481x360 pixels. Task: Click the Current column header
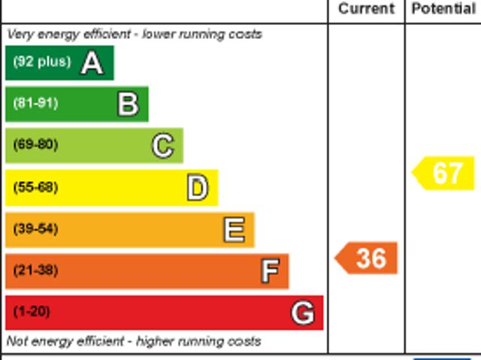(x=366, y=9)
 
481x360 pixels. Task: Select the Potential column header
(x=443, y=9)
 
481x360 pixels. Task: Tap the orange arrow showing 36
(x=367, y=259)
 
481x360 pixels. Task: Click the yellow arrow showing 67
(x=445, y=173)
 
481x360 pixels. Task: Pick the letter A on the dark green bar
(x=92, y=63)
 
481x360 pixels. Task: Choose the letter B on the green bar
(x=128, y=104)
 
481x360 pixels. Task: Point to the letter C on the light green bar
(x=162, y=146)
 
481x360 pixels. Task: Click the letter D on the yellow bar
(x=197, y=188)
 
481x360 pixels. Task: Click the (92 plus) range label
(x=41, y=62)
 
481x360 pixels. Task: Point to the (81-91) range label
(x=35, y=104)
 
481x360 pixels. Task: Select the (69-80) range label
(x=35, y=145)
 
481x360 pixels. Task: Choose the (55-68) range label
(x=35, y=187)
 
